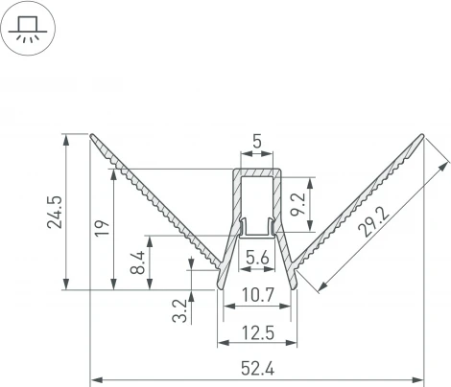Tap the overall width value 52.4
point(256,370)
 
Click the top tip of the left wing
point(94,136)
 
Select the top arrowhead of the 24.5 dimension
point(65,138)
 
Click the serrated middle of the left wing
point(154,196)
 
